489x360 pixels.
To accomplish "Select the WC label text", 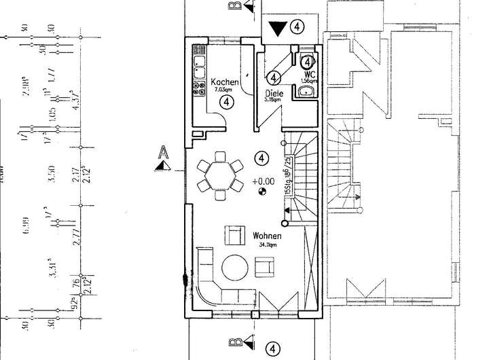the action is click(310, 73).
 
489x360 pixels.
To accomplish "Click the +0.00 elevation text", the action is click(262, 182).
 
